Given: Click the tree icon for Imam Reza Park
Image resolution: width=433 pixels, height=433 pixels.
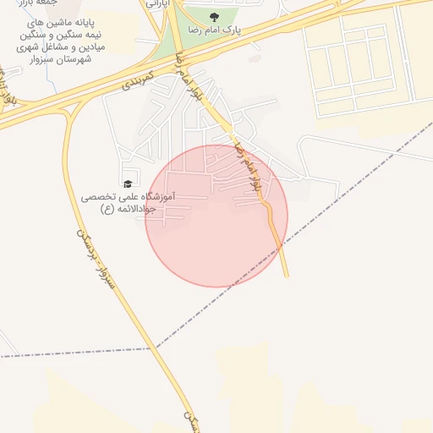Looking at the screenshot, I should coord(224,17).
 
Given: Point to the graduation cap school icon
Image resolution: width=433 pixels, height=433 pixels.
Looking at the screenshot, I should coord(128,184).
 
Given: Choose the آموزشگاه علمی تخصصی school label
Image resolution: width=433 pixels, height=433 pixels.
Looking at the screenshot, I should coord(128,196).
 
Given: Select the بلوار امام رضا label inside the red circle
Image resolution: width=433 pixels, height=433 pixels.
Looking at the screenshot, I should coord(252,173).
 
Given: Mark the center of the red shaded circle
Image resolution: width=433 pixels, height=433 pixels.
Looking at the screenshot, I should coord(216,216).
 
